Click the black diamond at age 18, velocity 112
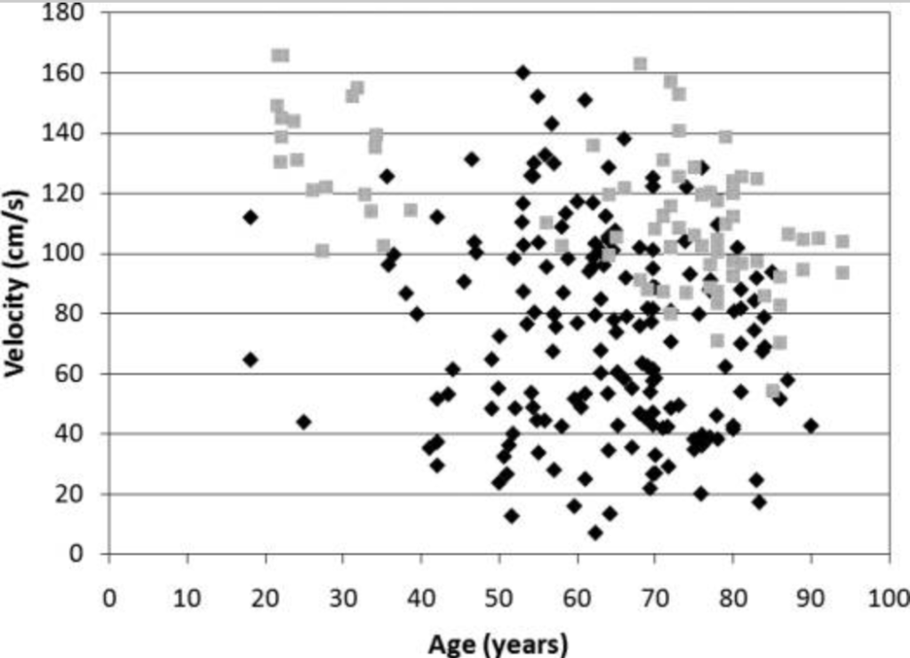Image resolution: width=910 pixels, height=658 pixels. tap(251, 218)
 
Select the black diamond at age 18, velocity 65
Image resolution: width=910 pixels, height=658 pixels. tap(251, 360)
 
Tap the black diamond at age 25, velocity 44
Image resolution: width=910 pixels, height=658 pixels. tap(304, 422)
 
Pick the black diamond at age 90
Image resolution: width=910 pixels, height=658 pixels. tap(810, 426)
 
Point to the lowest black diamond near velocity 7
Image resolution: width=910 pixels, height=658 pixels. tap(595, 533)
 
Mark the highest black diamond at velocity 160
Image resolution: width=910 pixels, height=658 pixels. tap(523, 73)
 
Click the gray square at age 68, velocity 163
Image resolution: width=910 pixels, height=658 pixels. tap(640, 64)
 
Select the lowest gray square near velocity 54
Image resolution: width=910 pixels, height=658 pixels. tap(773, 391)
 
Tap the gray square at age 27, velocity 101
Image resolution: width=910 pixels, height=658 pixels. tap(322, 250)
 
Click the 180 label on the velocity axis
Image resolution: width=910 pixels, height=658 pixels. tap(66, 13)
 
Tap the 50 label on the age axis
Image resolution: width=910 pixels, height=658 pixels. tap(499, 599)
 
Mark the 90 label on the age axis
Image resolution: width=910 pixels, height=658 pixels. tap(810, 599)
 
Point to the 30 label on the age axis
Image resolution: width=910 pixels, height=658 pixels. tap(342, 599)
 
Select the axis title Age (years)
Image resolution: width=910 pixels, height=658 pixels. tap(498, 641)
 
